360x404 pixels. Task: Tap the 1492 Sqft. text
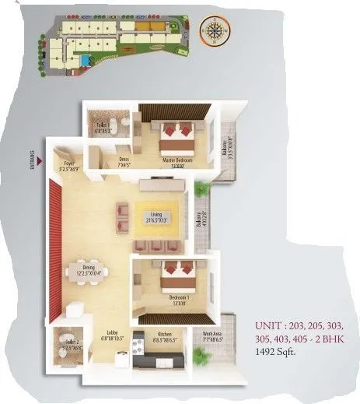[278, 351]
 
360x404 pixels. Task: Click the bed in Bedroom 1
[175, 274]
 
